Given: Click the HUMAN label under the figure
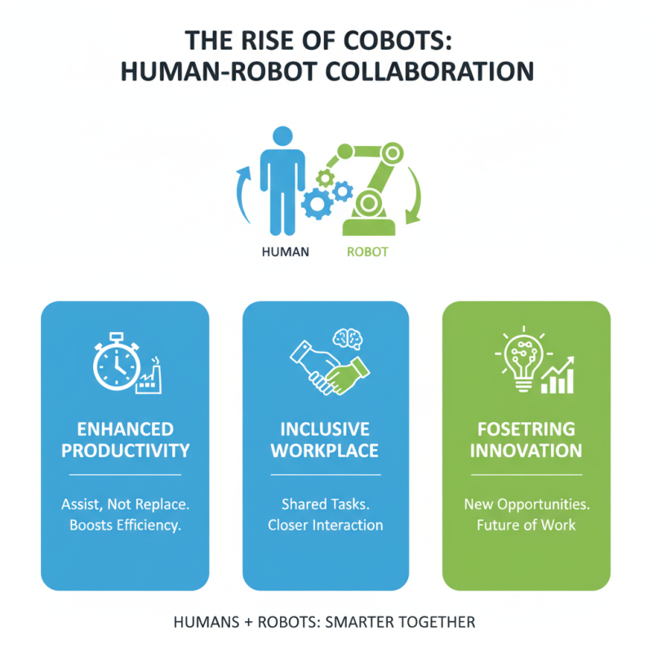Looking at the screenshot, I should coord(285,251).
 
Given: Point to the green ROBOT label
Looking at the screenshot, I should coord(367,251).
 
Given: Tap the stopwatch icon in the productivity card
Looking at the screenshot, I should coord(115,362).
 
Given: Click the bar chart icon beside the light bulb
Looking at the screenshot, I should coord(559,375).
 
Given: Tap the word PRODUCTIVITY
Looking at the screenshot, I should coord(125,451).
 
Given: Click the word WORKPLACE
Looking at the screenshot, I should coord(325,451).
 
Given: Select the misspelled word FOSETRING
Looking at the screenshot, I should coord(526,429).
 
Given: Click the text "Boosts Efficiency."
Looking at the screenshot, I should coord(125,525).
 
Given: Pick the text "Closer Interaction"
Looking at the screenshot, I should coord(325,525).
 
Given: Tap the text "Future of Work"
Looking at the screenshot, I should coord(526,525).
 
